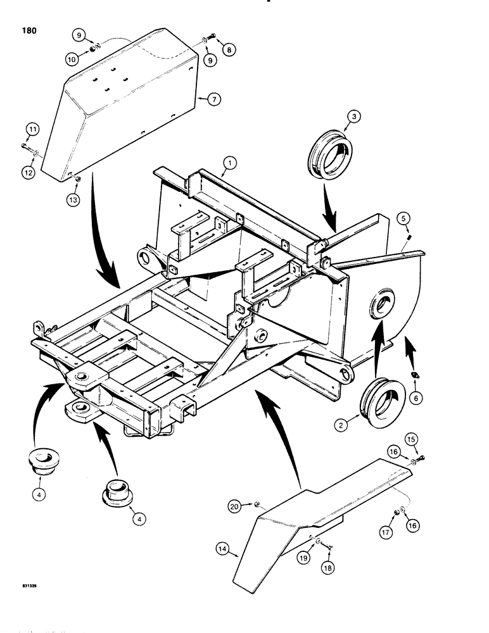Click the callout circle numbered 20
tap(234, 505)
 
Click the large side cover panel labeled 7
tap(120, 108)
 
